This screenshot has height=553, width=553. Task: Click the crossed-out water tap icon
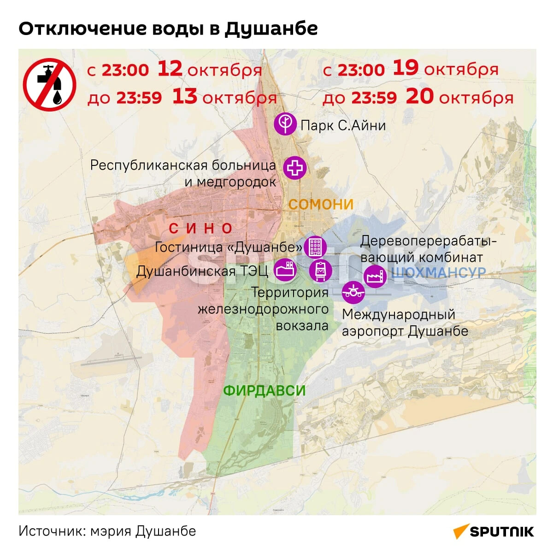(x=50, y=84)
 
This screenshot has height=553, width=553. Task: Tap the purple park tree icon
(x=285, y=124)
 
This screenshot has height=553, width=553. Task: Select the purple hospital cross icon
(x=295, y=168)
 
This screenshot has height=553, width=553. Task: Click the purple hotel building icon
(x=315, y=247)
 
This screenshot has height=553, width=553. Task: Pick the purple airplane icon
(x=353, y=292)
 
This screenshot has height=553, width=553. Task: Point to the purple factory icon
(x=375, y=276)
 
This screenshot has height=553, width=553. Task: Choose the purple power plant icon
(x=285, y=269)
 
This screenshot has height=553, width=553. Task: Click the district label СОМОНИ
(x=321, y=204)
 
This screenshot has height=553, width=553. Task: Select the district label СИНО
(x=201, y=228)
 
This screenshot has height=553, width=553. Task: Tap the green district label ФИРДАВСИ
(x=265, y=391)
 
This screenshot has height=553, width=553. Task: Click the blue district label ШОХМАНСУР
(x=438, y=273)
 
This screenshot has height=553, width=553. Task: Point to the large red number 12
(x=170, y=69)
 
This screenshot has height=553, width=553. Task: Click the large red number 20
(x=420, y=96)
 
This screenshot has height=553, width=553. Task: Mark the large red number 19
(x=406, y=68)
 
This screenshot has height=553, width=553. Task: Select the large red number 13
(x=185, y=97)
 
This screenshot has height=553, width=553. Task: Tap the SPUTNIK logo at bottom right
(x=494, y=531)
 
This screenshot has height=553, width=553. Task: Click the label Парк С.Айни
(x=343, y=125)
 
